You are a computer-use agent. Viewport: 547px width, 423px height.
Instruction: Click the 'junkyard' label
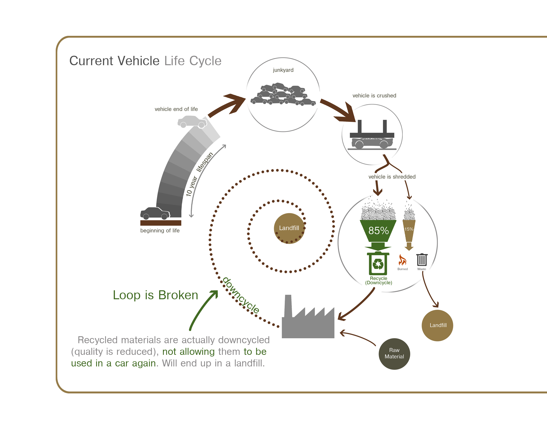tap(283, 70)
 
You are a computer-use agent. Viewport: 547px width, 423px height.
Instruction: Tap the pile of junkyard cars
tap(283, 95)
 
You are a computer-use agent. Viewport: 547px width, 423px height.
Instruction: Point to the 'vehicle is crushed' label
tap(374, 96)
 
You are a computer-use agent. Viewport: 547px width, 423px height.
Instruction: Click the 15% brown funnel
tap(409, 230)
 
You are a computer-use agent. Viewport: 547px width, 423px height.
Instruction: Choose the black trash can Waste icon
tap(422, 260)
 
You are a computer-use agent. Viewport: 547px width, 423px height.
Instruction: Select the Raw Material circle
tap(394, 354)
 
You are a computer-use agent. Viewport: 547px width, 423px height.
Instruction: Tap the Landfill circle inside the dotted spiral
tap(289, 228)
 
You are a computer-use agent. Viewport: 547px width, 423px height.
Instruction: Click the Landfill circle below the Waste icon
tap(438, 325)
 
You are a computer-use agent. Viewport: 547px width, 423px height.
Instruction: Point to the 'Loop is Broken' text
tap(155, 295)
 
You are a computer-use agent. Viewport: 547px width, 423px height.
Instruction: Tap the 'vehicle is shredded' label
tap(392, 177)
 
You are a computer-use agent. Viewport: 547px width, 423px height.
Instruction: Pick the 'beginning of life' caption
tap(160, 231)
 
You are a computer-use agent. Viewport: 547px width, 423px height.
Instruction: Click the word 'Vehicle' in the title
tap(139, 61)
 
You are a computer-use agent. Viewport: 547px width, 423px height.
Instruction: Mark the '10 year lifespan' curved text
tap(199, 174)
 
